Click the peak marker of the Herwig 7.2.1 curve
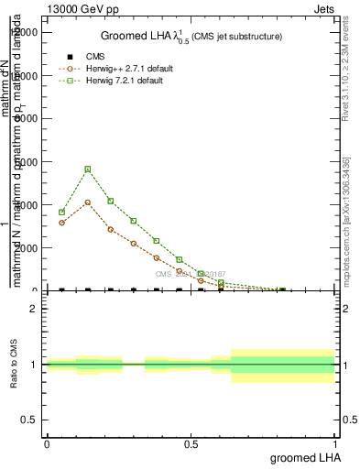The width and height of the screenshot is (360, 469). pos(88,169)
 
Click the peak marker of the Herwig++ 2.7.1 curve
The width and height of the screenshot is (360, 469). pos(88,202)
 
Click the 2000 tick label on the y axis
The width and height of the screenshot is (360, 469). pos(29,247)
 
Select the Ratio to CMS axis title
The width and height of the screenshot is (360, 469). pos(14,364)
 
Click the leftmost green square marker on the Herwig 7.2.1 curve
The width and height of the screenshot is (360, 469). pos(61,212)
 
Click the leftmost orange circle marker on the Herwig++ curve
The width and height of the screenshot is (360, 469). pos(61,223)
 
